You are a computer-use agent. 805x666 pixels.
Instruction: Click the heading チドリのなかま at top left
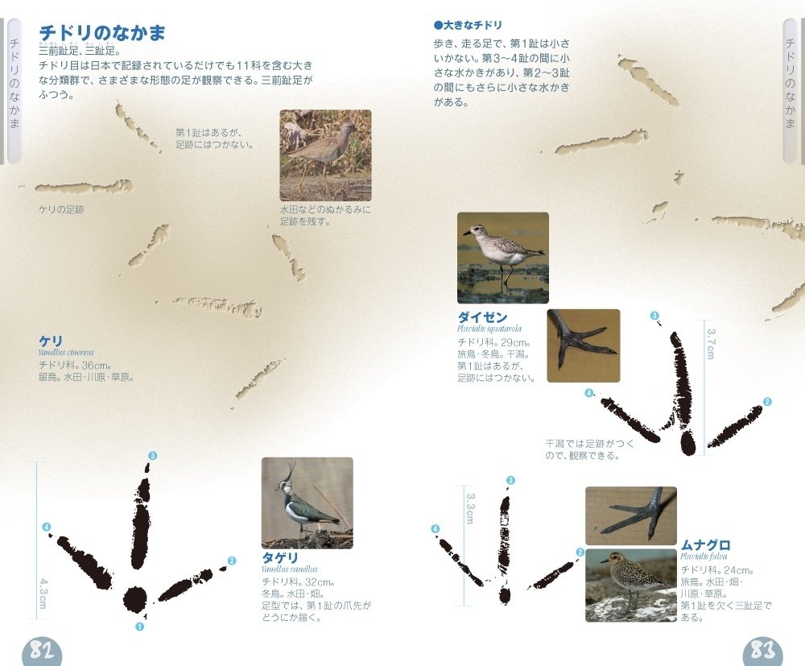(x=101, y=33)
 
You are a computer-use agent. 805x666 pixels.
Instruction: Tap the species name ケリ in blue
(x=50, y=341)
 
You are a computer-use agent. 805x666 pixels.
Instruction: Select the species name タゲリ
(x=279, y=558)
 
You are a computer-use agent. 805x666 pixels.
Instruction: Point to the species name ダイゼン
(x=482, y=317)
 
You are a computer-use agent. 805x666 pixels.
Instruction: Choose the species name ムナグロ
(x=705, y=545)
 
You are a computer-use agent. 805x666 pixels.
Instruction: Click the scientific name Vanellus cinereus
(x=66, y=353)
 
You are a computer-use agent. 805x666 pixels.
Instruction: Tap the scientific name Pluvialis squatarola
(x=489, y=329)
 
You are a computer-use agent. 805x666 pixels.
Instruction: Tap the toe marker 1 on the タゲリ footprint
(x=139, y=626)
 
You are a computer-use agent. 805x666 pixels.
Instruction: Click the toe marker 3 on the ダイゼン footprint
(x=654, y=316)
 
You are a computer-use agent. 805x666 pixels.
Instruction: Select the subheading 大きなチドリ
(x=473, y=25)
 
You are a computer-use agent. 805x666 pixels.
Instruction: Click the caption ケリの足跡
(x=61, y=209)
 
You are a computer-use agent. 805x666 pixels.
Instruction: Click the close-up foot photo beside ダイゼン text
(x=583, y=345)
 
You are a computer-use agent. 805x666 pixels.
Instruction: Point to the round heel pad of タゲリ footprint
(x=134, y=599)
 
